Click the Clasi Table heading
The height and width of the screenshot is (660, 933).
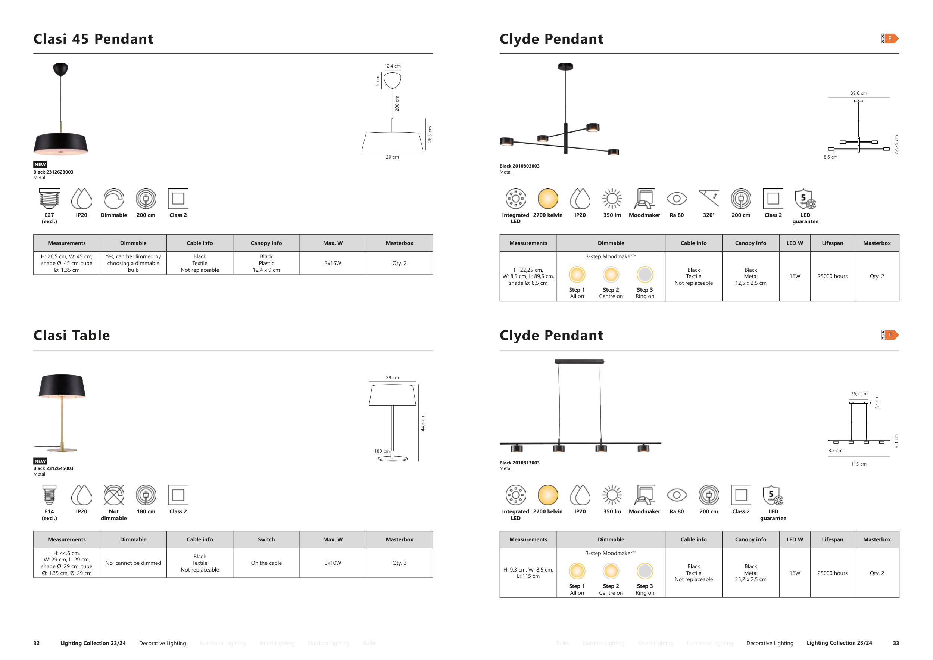point(72,335)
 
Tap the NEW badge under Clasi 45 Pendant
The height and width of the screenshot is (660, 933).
point(40,165)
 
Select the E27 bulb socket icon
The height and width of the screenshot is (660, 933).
point(49,198)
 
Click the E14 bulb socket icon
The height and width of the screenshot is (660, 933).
point(49,495)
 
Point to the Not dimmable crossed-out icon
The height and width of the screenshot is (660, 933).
point(114,495)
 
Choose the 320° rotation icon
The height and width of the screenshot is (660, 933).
point(709,198)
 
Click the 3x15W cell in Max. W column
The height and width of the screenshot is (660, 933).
point(333,263)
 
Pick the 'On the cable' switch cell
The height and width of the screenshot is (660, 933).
point(266,563)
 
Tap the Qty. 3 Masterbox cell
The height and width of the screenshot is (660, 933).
point(399,563)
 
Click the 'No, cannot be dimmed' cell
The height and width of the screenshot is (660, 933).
point(133,563)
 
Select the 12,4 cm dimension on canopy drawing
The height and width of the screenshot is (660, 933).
point(393,66)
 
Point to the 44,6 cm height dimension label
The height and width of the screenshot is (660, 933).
point(422,423)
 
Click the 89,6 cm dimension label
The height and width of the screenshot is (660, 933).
point(859,93)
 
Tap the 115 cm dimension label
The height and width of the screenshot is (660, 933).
point(859,464)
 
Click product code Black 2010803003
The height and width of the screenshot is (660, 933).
point(519,166)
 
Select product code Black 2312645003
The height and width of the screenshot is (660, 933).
point(53,468)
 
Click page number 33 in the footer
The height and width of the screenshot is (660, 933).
point(896,643)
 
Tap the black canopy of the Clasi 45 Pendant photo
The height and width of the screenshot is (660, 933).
point(60,69)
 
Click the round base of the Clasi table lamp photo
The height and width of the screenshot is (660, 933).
point(62,449)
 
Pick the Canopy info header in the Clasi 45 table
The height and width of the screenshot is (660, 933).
point(266,243)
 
